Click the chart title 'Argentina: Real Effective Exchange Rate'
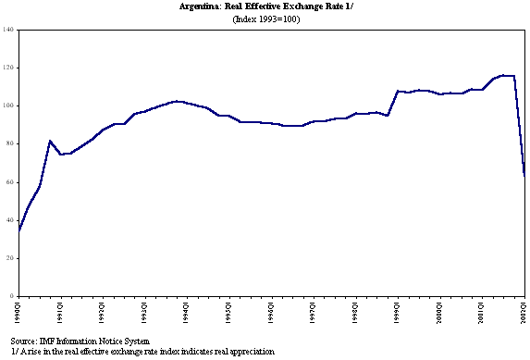[265, 6]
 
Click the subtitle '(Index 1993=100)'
[265, 19]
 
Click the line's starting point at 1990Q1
[18, 230]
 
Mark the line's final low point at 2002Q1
[524, 175]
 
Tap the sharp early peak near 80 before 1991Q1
[50, 141]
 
